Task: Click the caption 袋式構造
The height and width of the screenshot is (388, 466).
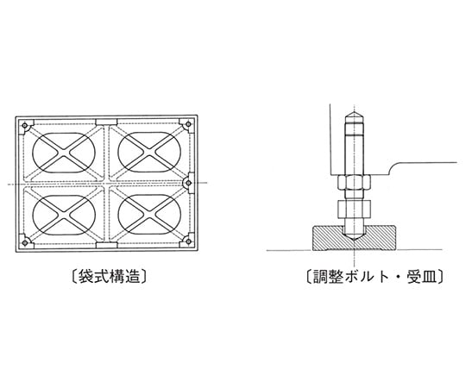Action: click(109, 277)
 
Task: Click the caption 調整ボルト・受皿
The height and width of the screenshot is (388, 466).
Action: click(375, 277)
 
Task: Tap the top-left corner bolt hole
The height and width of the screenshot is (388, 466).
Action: click(25, 125)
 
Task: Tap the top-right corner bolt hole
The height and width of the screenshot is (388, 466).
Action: click(188, 124)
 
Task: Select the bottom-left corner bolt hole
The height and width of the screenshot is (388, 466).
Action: click(25, 242)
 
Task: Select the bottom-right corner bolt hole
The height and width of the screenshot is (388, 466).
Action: click(188, 241)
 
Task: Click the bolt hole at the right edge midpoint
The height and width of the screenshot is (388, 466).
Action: click(188, 183)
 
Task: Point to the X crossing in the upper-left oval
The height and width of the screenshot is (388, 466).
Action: click(63, 153)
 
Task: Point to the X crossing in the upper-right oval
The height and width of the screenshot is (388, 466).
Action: click(149, 152)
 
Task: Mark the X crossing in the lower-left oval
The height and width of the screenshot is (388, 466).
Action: click(63, 215)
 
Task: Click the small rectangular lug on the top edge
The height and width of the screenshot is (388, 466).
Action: click(106, 122)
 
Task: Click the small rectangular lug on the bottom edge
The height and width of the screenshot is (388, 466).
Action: click(106, 245)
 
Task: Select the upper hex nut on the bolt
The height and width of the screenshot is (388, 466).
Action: click(354, 183)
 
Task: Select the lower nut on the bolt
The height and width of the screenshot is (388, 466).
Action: click(354, 208)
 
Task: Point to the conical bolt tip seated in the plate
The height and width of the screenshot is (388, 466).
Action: click(354, 236)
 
